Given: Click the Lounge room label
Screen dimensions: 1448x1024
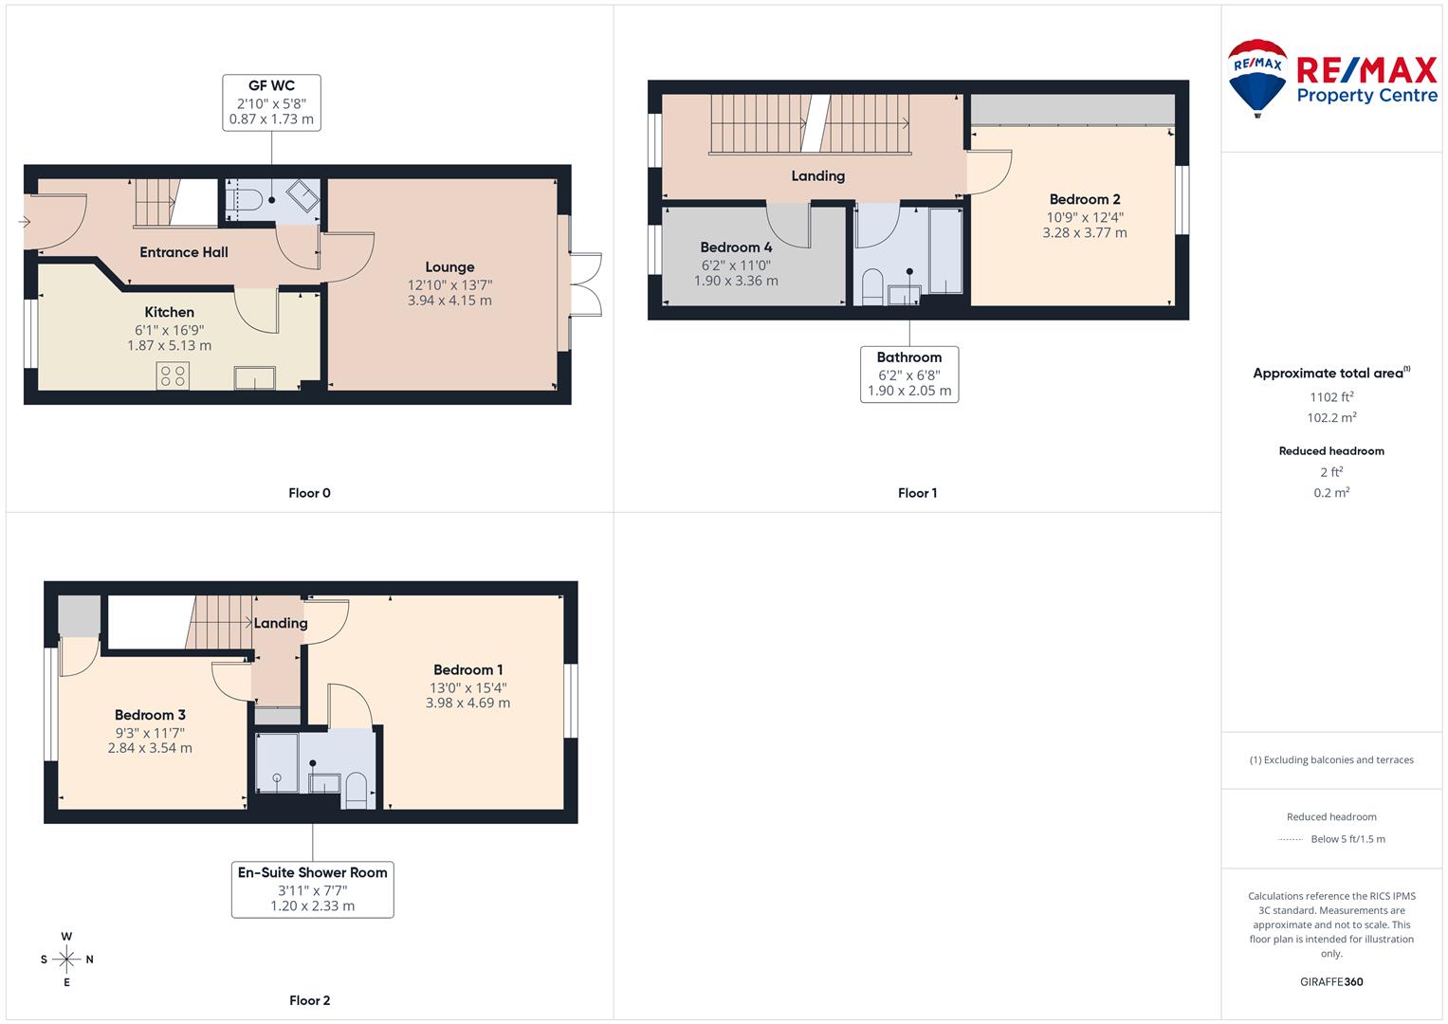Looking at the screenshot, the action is [449, 267].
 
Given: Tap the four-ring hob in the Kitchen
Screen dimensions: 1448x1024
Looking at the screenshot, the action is [173, 376].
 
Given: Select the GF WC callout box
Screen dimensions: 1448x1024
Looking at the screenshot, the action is [271, 102].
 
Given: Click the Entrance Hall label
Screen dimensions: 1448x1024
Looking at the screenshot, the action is [184, 252].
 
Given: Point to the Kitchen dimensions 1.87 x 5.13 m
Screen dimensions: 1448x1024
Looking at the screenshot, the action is [170, 346].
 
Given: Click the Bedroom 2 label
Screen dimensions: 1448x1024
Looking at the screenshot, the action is [1085, 199].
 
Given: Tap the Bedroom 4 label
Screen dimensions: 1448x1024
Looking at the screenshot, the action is [736, 247].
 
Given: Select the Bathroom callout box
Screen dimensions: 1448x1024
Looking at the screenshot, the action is [909, 375].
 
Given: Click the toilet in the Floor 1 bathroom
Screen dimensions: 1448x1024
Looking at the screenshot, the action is [872, 287].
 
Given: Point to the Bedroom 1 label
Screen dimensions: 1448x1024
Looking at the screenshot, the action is [468, 669].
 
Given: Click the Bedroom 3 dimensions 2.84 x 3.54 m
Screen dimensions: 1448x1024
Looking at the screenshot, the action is [150, 748].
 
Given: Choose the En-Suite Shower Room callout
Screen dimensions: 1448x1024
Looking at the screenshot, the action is [313, 889].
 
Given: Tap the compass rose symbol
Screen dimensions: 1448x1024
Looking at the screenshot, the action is [66, 960].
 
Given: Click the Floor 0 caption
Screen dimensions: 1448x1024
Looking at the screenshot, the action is [310, 493].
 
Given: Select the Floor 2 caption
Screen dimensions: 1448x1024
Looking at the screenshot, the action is [310, 1000].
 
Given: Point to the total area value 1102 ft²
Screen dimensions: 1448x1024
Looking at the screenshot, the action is [1331, 397].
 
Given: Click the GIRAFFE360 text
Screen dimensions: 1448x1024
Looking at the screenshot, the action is [1331, 982].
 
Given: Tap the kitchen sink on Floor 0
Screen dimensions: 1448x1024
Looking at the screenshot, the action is [255, 378].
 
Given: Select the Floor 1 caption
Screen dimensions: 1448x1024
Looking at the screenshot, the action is [917, 493].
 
